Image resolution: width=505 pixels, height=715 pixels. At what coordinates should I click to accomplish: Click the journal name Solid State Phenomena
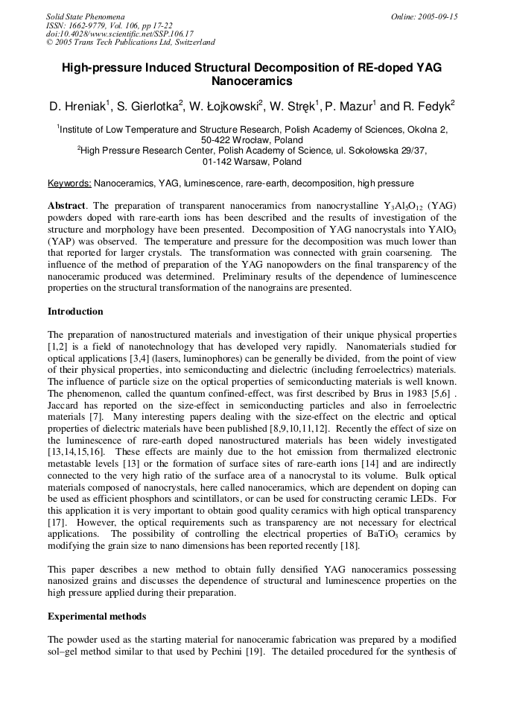pyautogui.click(x=85, y=16)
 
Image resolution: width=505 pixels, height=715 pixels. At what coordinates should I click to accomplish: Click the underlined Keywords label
pyautogui.click(x=69, y=183)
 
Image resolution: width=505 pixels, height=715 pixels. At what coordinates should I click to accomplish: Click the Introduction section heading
pyautogui.click(x=75, y=312)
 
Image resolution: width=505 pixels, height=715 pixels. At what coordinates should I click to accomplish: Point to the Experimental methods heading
pyautogui.click(x=97, y=617)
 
